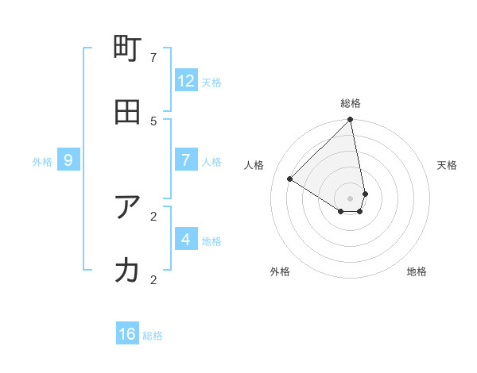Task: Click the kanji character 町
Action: (x=128, y=49)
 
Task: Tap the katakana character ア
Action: (x=128, y=207)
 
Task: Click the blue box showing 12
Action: (x=186, y=80)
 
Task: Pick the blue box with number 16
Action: (x=127, y=334)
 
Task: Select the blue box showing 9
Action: (x=68, y=160)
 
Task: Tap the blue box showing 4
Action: (x=186, y=239)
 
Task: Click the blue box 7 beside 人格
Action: (x=186, y=160)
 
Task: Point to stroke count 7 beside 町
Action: (x=153, y=57)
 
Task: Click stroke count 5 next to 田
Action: (x=153, y=121)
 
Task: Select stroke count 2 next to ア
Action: (x=153, y=216)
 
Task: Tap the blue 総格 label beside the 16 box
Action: (x=153, y=336)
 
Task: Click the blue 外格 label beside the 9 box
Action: (x=42, y=162)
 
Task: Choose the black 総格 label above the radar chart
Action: (x=351, y=103)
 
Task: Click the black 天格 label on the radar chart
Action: (x=447, y=165)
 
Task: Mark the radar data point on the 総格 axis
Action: (x=351, y=121)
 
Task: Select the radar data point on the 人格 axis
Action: (x=290, y=179)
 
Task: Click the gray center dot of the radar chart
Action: (x=351, y=198)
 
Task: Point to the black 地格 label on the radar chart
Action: (x=417, y=271)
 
